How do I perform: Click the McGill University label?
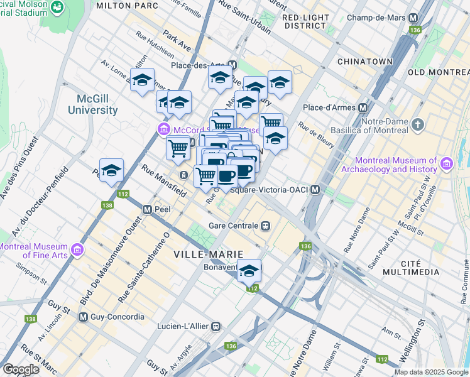[x=88, y=104]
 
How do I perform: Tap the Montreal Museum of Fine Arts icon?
[x=78, y=250]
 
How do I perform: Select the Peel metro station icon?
[x=147, y=209]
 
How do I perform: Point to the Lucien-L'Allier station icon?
[x=216, y=326]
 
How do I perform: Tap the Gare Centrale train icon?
[x=266, y=226]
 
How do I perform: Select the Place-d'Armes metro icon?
[x=363, y=107]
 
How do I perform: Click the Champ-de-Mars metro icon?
[x=413, y=18]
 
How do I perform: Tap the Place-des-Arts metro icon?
[x=232, y=65]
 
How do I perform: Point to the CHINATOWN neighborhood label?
[x=365, y=62]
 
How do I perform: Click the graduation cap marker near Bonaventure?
[x=249, y=271]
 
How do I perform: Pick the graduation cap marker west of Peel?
[x=111, y=170]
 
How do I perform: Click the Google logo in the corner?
[x=21, y=369]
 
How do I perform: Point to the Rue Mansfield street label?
[x=163, y=178]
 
